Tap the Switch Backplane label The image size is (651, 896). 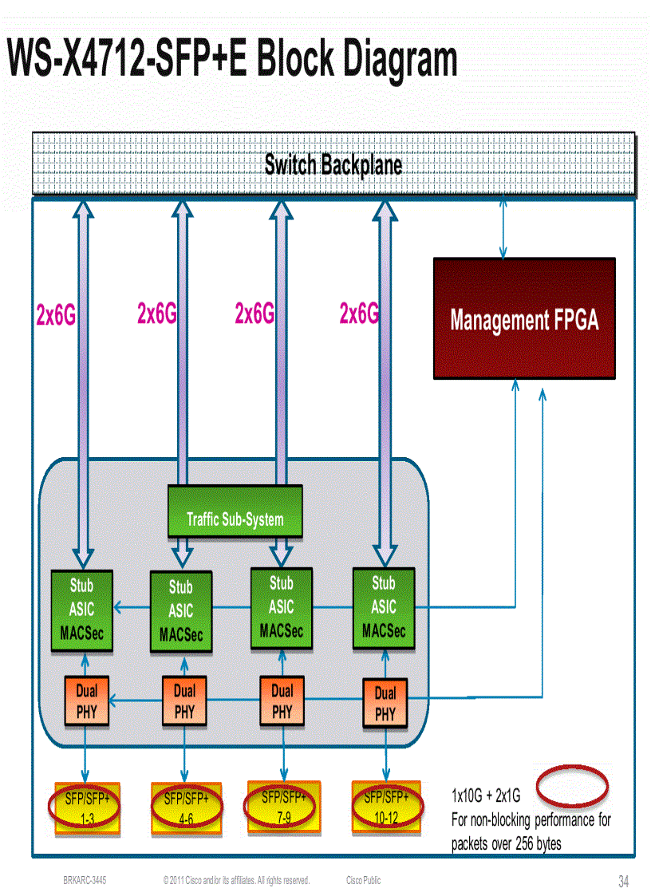click(x=333, y=165)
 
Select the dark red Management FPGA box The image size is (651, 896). click(x=523, y=318)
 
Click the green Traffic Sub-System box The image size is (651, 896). click(x=235, y=512)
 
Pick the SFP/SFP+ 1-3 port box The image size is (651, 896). click(x=87, y=807)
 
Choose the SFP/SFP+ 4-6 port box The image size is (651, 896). click(x=185, y=807)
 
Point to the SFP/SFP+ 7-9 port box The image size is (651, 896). click(x=283, y=806)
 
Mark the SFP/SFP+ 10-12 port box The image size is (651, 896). click(x=386, y=806)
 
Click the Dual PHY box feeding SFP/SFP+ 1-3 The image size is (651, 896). click(x=86, y=700)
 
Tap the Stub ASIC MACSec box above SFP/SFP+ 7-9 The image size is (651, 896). click(x=281, y=608)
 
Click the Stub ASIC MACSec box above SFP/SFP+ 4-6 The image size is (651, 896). click(x=181, y=611)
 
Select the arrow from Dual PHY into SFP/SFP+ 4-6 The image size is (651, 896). click(x=185, y=754)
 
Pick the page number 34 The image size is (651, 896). click(x=623, y=882)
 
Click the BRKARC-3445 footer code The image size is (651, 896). click(x=85, y=880)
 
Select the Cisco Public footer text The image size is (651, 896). click(x=363, y=880)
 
